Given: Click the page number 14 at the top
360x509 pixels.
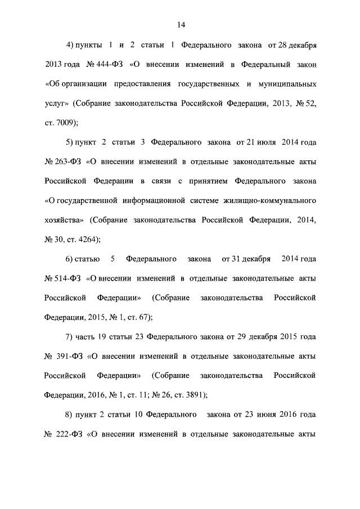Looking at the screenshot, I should coord(181,25).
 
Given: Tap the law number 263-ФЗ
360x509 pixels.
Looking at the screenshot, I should coord(64,162).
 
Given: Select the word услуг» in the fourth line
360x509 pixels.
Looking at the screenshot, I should coord(57,103).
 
